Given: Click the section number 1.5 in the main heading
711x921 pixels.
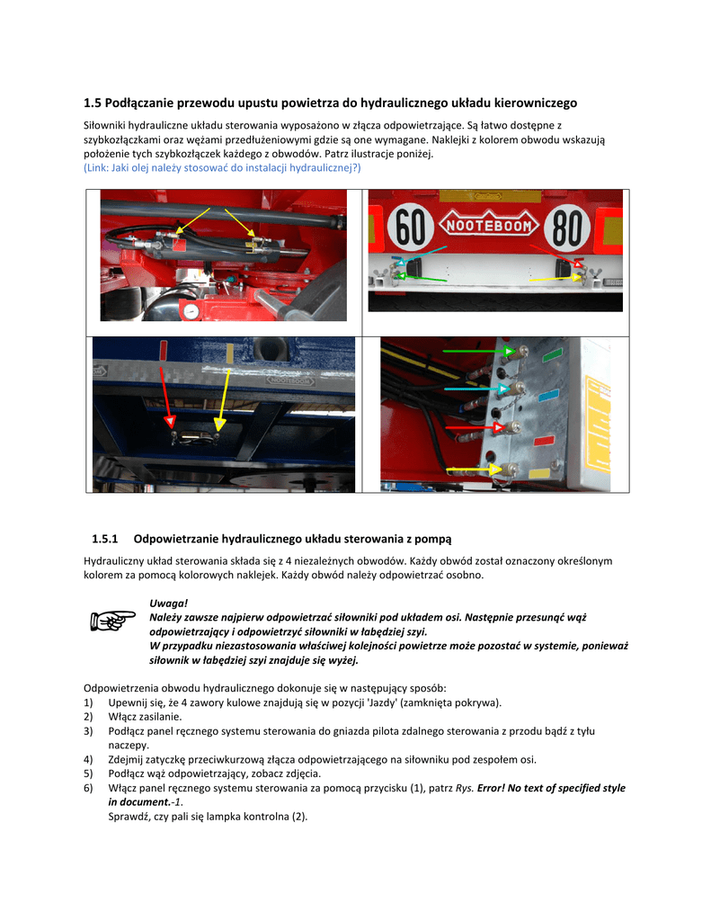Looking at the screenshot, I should pyautogui.click(x=93, y=103).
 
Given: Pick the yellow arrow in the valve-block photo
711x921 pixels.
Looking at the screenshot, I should pyautogui.click(x=475, y=469).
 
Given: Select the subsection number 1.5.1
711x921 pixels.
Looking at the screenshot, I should pyautogui.click(x=105, y=539).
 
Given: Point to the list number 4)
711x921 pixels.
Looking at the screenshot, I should pyautogui.click(x=88, y=759).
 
